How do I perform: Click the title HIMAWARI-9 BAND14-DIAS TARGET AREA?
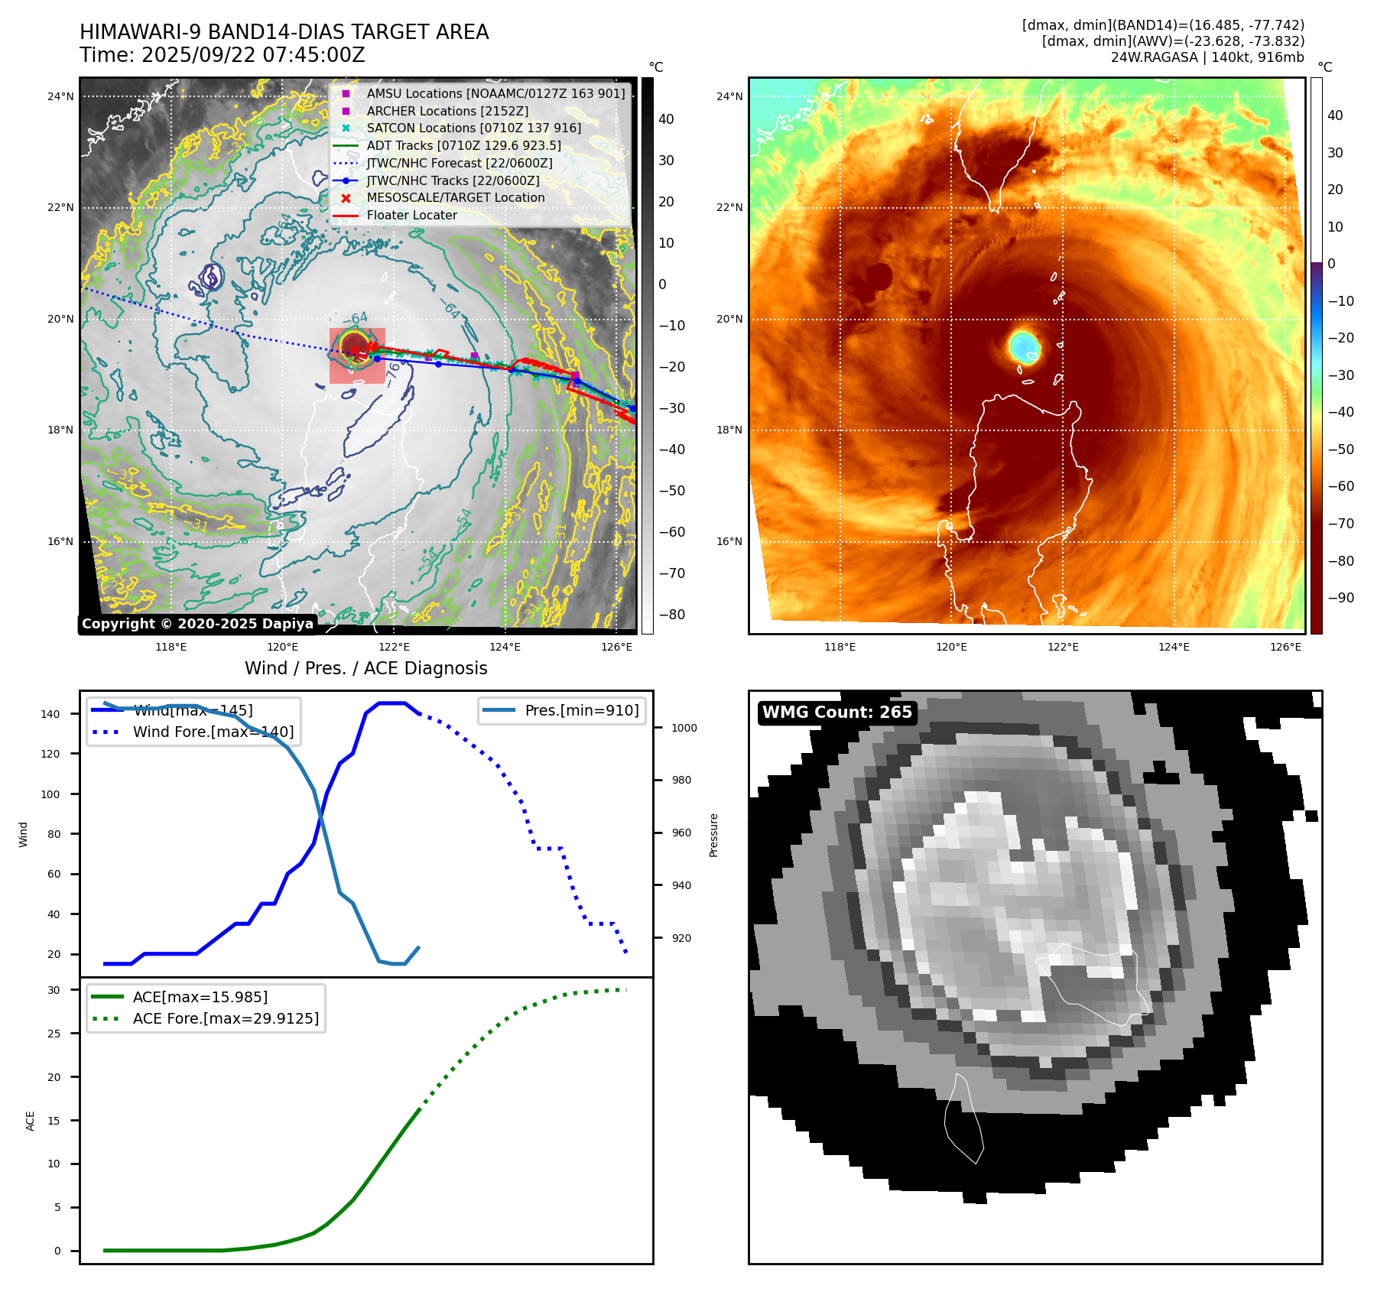(x=284, y=32)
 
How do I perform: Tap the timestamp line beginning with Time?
(x=222, y=55)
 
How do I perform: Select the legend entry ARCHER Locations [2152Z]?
(x=447, y=111)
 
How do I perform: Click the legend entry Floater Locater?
(x=411, y=215)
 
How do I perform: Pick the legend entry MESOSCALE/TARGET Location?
(x=455, y=197)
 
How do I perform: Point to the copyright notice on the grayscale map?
(x=197, y=624)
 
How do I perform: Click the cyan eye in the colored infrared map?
(x=1024, y=346)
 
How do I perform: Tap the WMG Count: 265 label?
(x=836, y=713)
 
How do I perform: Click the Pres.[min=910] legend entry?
(x=581, y=710)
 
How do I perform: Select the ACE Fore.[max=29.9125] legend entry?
(x=226, y=1018)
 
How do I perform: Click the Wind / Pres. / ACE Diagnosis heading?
(x=365, y=668)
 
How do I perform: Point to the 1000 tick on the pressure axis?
(x=684, y=728)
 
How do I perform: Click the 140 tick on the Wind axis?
(x=50, y=714)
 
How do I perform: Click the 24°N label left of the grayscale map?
(x=60, y=96)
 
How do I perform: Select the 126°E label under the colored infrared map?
(x=1285, y=647)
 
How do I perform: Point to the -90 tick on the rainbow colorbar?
(x=1340, y=598)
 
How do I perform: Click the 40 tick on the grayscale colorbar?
(x=666, y=119)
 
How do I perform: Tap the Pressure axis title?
(x=713, y=835)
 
